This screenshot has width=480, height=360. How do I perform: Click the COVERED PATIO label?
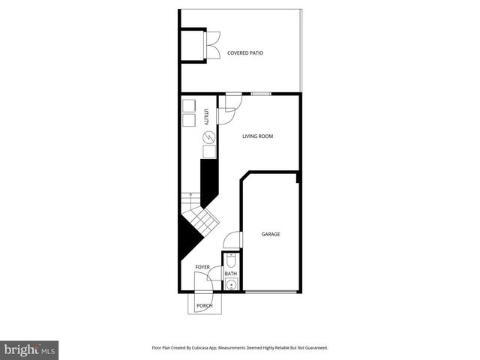pyautogui.click(x=245, y=53)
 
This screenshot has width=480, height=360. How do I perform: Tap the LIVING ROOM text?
pyautogui.click(x=257, y=136)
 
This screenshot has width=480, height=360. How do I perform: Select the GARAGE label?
pyautogui.click(x=271, y=234)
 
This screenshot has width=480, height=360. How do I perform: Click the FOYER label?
pyautogui.click(x=202, y=267)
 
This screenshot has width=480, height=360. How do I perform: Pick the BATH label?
pyautogui.click(x=231, y=274)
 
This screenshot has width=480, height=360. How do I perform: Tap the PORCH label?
pyautogui.click(x=204, y=306)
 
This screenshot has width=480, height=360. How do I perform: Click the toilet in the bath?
pyautogui.click(x=231, y=260)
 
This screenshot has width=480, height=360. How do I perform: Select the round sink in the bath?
pyautogui.click(x=231, y=285)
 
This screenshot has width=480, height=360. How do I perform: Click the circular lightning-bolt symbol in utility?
pyautogui.click(x=209, y=136)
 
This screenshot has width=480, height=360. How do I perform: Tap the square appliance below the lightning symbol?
pyautogui.click(x=209, y=151)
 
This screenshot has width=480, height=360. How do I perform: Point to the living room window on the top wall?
pyautogui.click(x=261, y=94)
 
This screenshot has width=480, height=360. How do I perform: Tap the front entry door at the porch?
pyautogui.click(x=201, y=283)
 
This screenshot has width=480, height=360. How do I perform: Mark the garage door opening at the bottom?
pyautogui.click(x=271, y=291)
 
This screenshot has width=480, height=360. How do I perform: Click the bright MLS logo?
pyautogui.click(x=30, y=349)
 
